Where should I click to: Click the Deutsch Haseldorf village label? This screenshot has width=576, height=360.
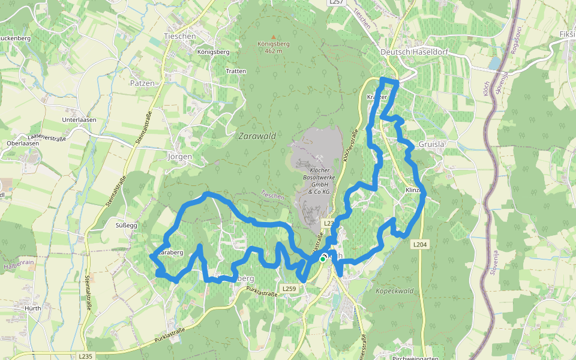point(406,52)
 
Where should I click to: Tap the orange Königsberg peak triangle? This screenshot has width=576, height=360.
point(274,37)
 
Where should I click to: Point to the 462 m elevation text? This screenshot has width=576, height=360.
point(274,51)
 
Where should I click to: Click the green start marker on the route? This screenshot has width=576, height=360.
point(322,259)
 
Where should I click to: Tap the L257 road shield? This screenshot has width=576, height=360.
point(337,3)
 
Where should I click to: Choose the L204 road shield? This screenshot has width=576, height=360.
point(419,244)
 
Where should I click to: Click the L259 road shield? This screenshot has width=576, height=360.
point(289,289)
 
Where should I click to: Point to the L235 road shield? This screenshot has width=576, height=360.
point(85,356)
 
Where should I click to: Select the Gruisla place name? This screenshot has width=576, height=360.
point(431,145)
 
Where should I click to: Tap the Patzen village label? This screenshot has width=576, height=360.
point(142,83)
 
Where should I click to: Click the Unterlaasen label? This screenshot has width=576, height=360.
point(79,119)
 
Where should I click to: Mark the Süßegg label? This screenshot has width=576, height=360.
point(126,226)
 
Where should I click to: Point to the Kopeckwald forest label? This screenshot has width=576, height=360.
point(395,291)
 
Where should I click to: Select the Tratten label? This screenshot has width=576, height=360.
point(236,71)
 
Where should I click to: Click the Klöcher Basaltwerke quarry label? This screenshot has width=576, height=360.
point(320,181)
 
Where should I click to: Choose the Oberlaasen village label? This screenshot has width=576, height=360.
point(23,143)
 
